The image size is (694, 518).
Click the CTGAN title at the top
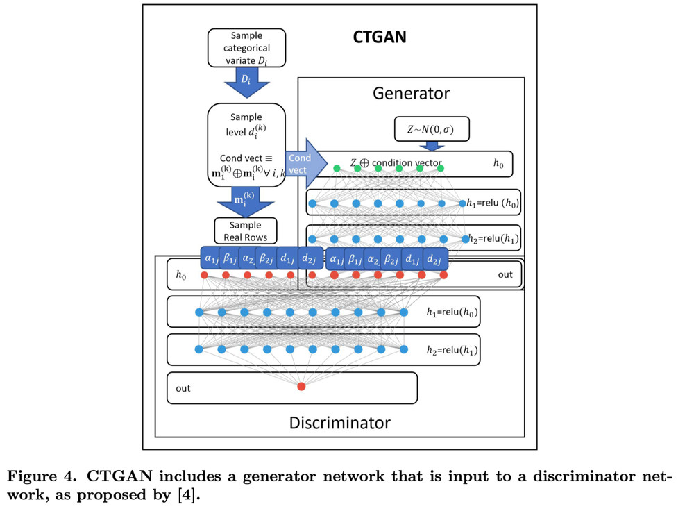380,37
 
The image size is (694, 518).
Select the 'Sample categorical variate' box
246,48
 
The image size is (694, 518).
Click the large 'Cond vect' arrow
305,164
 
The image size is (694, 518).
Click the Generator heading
411,93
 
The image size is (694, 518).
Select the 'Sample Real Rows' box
245,231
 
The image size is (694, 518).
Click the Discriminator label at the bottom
339,422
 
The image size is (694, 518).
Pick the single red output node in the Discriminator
301,386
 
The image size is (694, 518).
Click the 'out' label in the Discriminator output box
183,388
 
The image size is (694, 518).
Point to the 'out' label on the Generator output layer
505,274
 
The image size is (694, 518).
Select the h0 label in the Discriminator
180,276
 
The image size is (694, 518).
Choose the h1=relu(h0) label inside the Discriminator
451,312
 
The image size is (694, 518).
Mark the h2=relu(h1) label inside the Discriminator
451,350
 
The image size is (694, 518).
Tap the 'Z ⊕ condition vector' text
396,164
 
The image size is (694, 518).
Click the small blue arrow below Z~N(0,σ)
433,146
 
